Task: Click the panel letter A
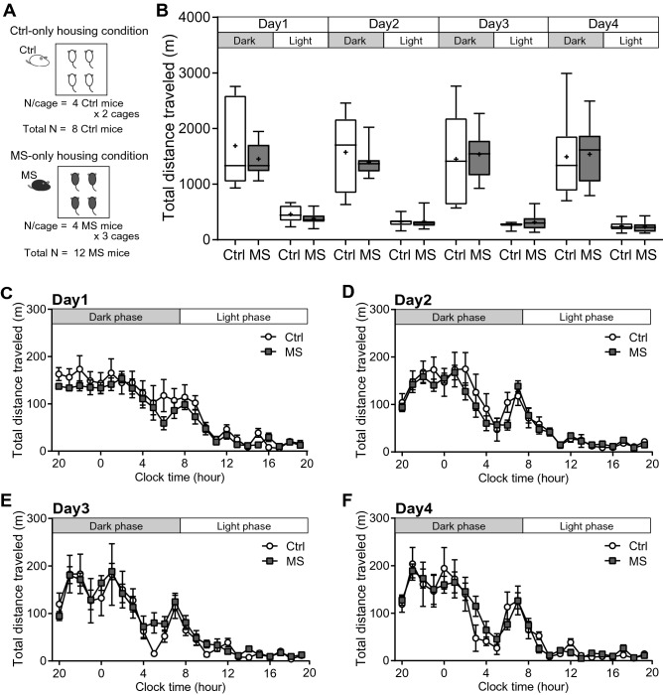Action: tap(9, 9)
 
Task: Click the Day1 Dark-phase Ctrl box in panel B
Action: tap(235, 139)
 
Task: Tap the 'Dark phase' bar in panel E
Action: tap(115, 525)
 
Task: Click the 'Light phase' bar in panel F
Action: tap(586, 525)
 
